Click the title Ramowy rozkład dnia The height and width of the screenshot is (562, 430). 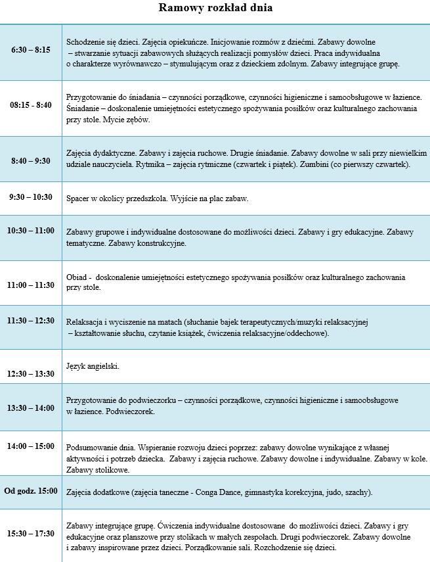(x=215, y=9)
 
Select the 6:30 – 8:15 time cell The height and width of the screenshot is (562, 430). (x=31, y=49)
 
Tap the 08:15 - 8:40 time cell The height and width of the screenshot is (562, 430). (x=31, y=105)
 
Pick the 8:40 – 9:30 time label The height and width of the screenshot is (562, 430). (x=31, y=160)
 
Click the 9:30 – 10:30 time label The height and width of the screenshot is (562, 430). (x=31, y=197)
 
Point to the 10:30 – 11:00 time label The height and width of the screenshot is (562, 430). (x=31, y=231)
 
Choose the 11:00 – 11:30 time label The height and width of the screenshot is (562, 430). (x=31, y=285)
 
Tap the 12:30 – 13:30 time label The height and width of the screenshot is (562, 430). (x=31, y=373)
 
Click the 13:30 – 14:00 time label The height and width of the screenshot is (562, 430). (x=31, y=408)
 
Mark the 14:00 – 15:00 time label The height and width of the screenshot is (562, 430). (x=31, y=446)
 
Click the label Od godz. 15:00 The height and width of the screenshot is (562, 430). (x=31, y=490)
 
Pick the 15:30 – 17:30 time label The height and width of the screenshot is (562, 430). (x=31, y=533)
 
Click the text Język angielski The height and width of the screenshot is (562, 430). (x=93, y=365)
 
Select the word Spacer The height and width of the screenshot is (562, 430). (x=79, y=198)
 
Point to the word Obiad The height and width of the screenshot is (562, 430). (x=77, y=277)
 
